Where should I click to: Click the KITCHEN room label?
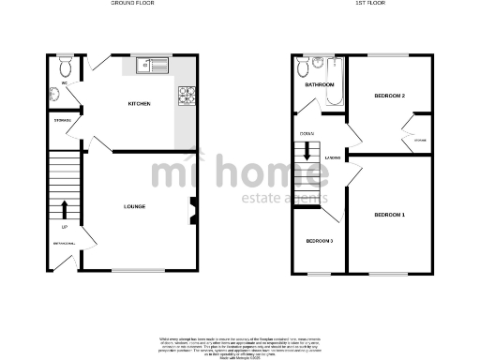point(140,104)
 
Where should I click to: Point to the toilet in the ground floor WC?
point(65,68)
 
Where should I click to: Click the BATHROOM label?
point(320,85)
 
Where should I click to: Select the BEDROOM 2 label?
point(389,97)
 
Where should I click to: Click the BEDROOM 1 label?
point(389,216)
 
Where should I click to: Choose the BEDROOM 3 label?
point(319,241)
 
